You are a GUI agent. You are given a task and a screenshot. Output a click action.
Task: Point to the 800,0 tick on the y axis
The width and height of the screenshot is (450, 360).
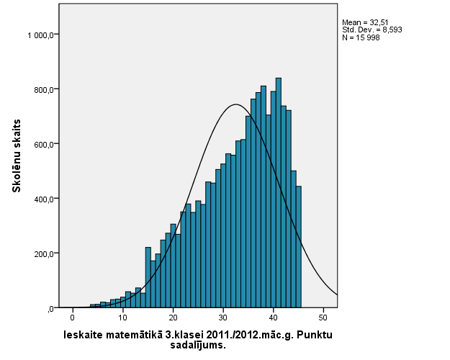click(45, 89)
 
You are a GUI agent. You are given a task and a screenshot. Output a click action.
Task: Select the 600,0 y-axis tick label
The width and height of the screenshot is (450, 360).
click(45, 144)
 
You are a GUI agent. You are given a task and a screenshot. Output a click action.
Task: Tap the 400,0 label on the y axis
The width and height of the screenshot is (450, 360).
click(45, 199)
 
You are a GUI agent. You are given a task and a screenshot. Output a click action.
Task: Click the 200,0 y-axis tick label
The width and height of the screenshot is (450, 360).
click(45, 253)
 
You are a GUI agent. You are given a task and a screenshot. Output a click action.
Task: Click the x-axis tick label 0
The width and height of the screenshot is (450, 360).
click(72, 318)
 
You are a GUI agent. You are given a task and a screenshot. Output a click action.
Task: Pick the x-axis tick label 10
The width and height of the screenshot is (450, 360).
click(122, 318)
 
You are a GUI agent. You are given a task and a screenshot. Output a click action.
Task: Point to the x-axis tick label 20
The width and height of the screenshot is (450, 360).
click(173, 318)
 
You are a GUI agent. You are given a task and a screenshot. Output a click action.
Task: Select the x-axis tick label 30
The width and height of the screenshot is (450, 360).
click(223, 318)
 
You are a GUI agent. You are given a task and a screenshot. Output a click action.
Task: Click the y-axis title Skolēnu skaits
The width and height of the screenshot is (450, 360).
click(16, 156)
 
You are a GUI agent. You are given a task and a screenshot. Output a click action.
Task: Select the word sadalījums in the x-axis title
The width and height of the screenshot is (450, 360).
click(197, 345)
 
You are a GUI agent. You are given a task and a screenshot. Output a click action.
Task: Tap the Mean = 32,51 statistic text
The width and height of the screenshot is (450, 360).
click(366, 22)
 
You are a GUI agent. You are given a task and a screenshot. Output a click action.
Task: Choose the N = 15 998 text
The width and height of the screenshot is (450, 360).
click(360, 37)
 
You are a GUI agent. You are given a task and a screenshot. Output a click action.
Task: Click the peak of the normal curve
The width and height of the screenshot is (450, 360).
click(235, 105)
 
